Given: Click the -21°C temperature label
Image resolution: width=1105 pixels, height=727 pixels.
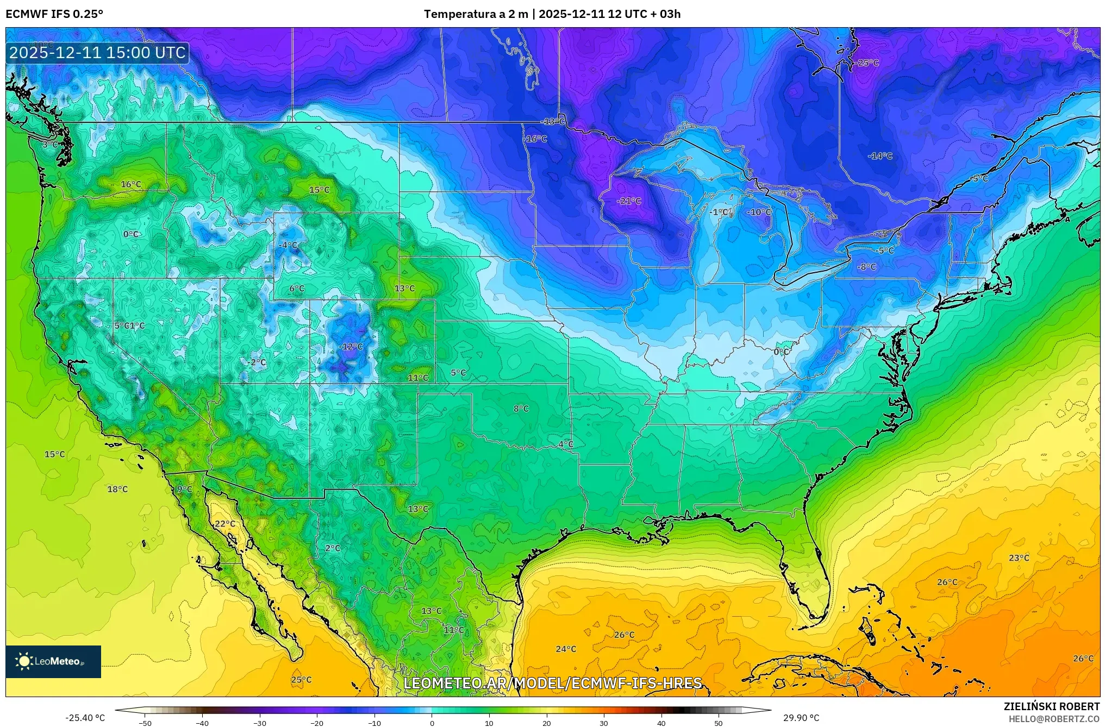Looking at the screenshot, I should coord(629,201).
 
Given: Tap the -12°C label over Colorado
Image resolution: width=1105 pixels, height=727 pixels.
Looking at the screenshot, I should coord(351,347).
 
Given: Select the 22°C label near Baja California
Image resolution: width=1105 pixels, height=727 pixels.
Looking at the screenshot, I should coord(225,524).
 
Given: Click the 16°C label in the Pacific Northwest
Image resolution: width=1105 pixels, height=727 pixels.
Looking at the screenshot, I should coord(130,184).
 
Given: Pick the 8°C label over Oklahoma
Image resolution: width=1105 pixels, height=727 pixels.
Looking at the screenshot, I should coord(521,409).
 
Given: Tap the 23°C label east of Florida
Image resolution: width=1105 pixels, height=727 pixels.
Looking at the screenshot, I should coord(1019,558).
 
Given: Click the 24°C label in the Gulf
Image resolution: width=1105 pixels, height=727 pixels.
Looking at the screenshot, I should coord(565,649).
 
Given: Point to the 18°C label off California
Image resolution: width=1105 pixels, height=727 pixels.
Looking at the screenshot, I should coord(117,489).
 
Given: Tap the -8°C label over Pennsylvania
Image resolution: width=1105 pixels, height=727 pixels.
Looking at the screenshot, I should coord(866,267).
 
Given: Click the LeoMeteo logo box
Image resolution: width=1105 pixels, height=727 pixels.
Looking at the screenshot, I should coord(53,661).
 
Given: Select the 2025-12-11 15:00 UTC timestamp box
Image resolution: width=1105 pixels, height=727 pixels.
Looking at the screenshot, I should coord(97,53).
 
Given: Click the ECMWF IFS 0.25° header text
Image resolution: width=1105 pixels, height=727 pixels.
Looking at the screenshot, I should coord(54,14).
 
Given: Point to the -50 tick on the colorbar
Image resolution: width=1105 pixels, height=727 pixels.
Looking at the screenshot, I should coord(145,723).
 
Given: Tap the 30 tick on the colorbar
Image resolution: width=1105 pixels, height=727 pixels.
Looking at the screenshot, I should coord(603,723).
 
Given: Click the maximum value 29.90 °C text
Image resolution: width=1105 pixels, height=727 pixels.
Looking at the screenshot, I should coord(801,718).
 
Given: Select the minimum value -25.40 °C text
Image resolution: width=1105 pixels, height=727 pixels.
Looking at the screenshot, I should coord(85,718).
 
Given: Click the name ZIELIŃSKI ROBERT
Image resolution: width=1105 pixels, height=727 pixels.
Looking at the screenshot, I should coord(1051,706).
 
